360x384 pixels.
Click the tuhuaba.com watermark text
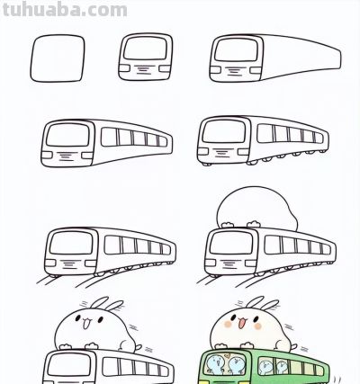pos(65,9)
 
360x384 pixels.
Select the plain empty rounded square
pos(58,58)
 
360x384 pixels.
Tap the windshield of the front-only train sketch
pos(145,48)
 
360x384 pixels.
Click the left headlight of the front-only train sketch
pos(124,68)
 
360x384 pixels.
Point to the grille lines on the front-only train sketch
pos(145,69)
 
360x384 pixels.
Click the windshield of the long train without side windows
pos(236,49)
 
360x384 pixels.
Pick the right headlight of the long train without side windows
pos(256,70)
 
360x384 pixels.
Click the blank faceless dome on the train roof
pos(256,208)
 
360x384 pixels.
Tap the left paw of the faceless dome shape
pos(228,225)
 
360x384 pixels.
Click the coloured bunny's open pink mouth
pos(241,324)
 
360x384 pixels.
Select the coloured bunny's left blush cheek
pos(229,324)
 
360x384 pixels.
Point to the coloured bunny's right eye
pos(249,318)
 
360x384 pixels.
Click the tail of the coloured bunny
pos(293,347)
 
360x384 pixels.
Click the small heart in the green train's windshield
pos(228,356)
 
